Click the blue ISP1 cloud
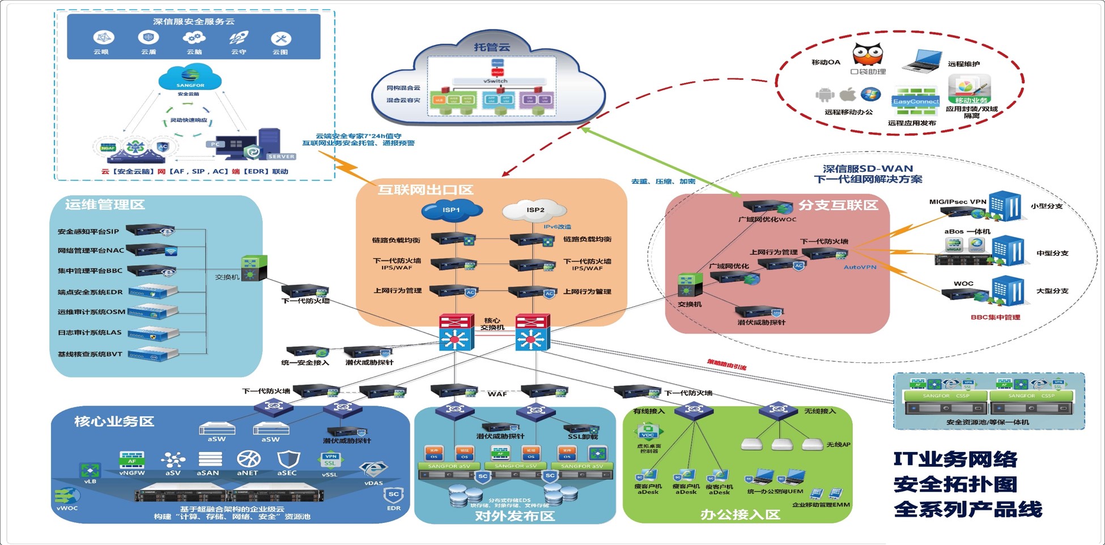[x=452, y=210]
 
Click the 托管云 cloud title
[x=492, y=47]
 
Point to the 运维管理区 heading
[x=105, y=205]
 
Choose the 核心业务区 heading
[x=114, y=421]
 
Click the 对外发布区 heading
[x=515, y=516]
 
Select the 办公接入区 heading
[x=740, y=514]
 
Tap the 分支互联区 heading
[x=838, y=205]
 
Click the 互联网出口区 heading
[x=425, y=190]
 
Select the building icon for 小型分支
[x=1004, y=206]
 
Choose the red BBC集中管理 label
[x=995, y=318]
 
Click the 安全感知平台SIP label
[x=88, y=231]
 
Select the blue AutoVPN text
[x=860, y=267]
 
